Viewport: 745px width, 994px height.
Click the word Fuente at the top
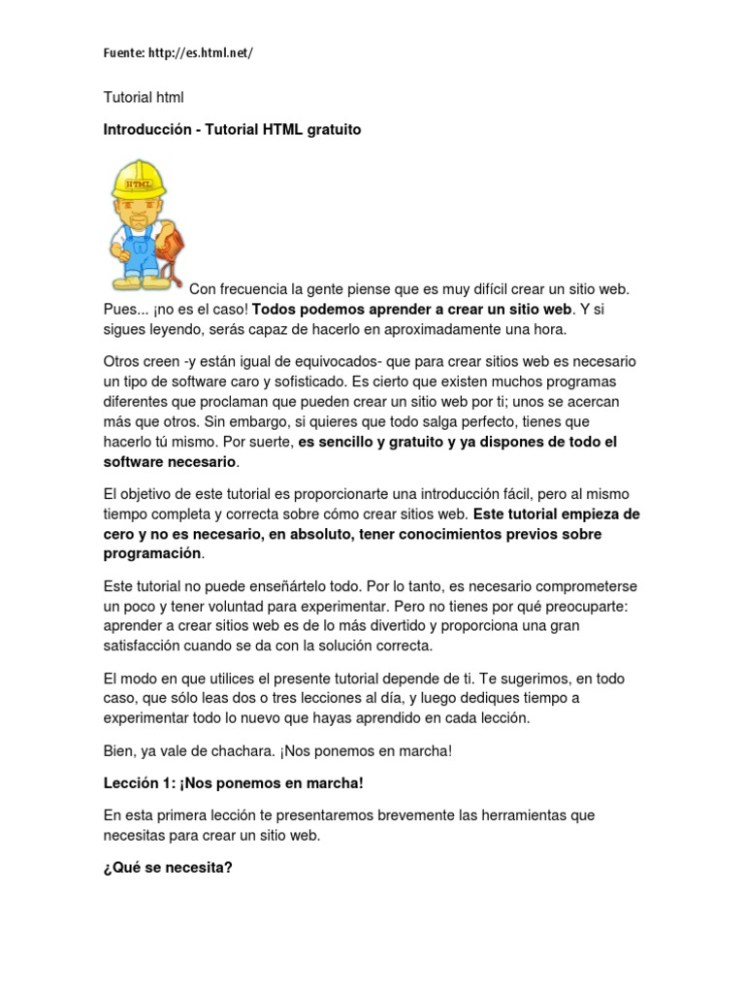(123, 53)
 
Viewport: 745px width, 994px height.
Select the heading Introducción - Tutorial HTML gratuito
(232, 129)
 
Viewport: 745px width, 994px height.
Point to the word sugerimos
(557, 679)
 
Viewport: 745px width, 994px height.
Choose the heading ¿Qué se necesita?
(168, 868)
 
